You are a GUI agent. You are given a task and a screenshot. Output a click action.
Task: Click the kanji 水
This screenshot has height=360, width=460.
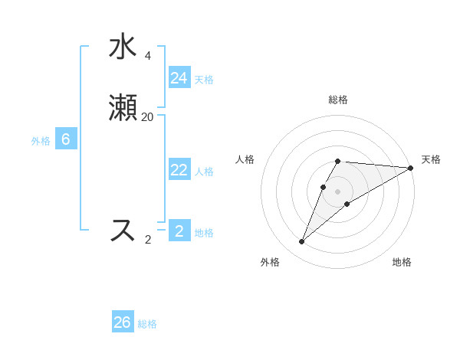tap(123, 47)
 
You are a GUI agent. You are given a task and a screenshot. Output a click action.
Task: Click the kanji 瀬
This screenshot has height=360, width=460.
tap(123, 108)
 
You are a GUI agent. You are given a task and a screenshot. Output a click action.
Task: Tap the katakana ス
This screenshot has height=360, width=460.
tap(123, 230)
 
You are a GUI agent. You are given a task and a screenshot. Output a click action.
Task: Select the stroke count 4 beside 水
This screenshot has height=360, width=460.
tap(147, 55)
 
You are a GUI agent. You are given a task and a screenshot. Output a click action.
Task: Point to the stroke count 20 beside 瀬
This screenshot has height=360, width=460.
tap(148, 116)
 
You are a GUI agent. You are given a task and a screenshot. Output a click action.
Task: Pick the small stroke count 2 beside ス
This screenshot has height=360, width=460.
tap(148, 239)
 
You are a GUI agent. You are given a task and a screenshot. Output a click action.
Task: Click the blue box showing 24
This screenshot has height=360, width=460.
tap(179, 78)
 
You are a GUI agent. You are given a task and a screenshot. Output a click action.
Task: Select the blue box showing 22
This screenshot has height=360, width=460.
tap(179, 171)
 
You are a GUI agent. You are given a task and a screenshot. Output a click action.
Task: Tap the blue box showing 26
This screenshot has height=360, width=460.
tap(123, 322)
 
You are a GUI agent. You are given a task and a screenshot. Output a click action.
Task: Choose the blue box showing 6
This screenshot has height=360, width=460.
tap(66, 139)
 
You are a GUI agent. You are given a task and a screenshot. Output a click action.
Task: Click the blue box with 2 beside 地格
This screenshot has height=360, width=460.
tap(179, 231)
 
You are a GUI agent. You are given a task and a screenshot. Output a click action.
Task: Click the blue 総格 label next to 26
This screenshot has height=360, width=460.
tap(147, 324)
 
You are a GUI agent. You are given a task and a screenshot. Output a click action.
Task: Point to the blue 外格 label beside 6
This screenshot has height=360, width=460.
tap(41, 141)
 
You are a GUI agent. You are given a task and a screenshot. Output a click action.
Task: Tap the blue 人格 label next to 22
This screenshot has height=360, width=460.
tap(204, 172)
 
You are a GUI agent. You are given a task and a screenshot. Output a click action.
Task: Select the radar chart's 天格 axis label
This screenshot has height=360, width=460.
tap(431, 159)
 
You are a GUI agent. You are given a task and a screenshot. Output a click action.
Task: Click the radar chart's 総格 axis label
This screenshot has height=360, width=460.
tap(338, 100)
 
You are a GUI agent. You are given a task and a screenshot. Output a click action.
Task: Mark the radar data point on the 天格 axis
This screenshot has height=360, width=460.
tap(411, 168)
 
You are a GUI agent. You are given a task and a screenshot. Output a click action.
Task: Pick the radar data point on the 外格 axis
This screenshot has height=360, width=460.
tap(302, 242)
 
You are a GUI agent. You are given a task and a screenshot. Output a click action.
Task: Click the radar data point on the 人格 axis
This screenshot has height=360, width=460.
tap(324, 187)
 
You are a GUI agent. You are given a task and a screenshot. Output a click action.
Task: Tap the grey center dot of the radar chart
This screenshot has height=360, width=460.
tap(338, 191)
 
